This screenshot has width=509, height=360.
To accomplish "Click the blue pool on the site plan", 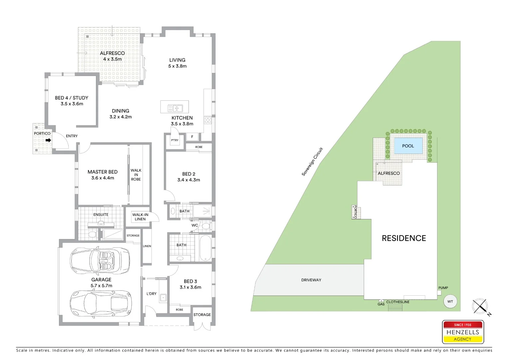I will coord(408,146).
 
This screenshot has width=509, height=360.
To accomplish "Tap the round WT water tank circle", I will coord(450,301).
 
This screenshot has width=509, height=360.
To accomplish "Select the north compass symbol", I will coord(480,306).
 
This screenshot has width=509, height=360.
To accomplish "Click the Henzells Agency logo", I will coord(463,332).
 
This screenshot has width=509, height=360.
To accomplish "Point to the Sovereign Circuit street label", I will coord(312,162).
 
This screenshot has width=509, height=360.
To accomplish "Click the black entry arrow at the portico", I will coord(48,140).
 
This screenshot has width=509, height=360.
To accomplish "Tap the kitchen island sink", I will coord(175,108).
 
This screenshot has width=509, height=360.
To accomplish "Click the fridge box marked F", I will coord(192,137).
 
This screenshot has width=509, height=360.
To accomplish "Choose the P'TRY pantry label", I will coord(175,140).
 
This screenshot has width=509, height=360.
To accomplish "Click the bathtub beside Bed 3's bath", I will coord(206,248).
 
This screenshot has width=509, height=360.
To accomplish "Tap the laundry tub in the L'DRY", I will coord(163,297).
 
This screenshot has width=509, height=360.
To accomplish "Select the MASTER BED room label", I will coord(103,172).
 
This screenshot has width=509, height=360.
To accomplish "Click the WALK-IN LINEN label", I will coord(140,217).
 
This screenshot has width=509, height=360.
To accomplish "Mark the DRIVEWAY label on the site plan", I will coord(311,280).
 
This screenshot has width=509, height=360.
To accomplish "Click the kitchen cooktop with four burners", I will coord(208,120).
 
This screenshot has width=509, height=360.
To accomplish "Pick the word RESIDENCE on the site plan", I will coord(404,238).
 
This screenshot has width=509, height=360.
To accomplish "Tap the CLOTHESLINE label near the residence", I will coord(398,302).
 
